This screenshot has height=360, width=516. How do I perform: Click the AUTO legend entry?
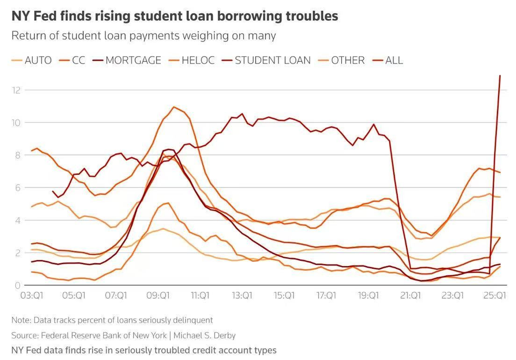32,60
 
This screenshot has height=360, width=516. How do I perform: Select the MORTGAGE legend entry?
127,60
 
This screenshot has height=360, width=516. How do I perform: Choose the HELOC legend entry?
191,60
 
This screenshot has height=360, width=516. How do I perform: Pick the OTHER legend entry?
342,60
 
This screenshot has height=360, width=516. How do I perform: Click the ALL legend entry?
387,60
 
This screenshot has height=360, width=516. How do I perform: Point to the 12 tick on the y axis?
16,90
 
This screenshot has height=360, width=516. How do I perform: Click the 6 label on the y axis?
17,187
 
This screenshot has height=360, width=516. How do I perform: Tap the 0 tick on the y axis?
17,285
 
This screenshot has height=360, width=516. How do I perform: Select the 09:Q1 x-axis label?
158,295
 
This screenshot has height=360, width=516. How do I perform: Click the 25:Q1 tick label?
494,295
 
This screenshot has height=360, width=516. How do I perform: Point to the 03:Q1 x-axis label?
32,295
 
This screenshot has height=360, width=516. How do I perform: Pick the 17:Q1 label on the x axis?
326,295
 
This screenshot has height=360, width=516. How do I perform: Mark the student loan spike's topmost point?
500,76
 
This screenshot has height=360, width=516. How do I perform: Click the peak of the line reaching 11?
174,107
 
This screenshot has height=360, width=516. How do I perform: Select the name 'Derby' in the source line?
225,335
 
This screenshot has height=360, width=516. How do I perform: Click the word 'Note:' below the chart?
21,320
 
